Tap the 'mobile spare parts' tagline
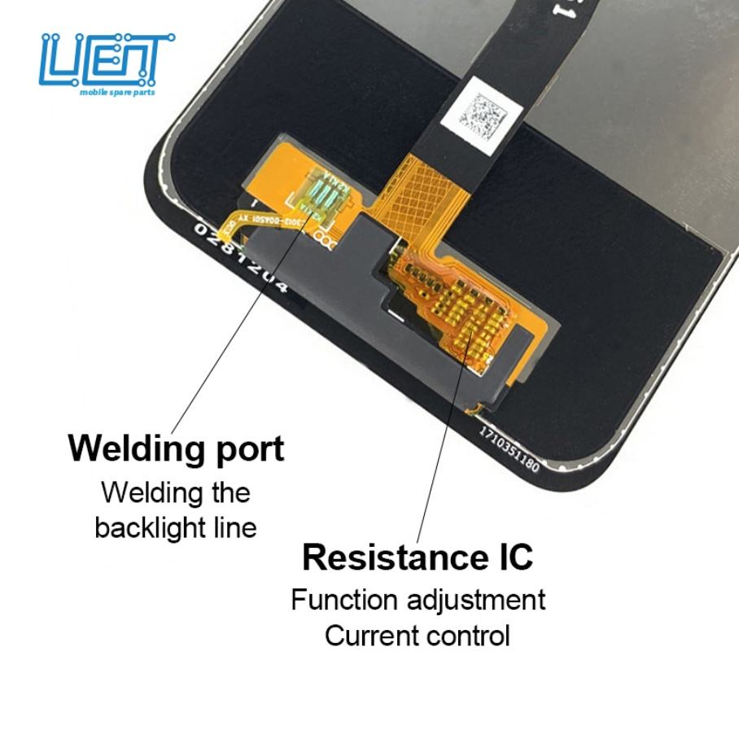127,93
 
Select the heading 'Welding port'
176,448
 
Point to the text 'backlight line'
175,527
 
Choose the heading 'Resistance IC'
418,558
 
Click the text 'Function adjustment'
418,600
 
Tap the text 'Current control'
418,635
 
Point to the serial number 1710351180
509,444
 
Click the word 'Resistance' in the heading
394,558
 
